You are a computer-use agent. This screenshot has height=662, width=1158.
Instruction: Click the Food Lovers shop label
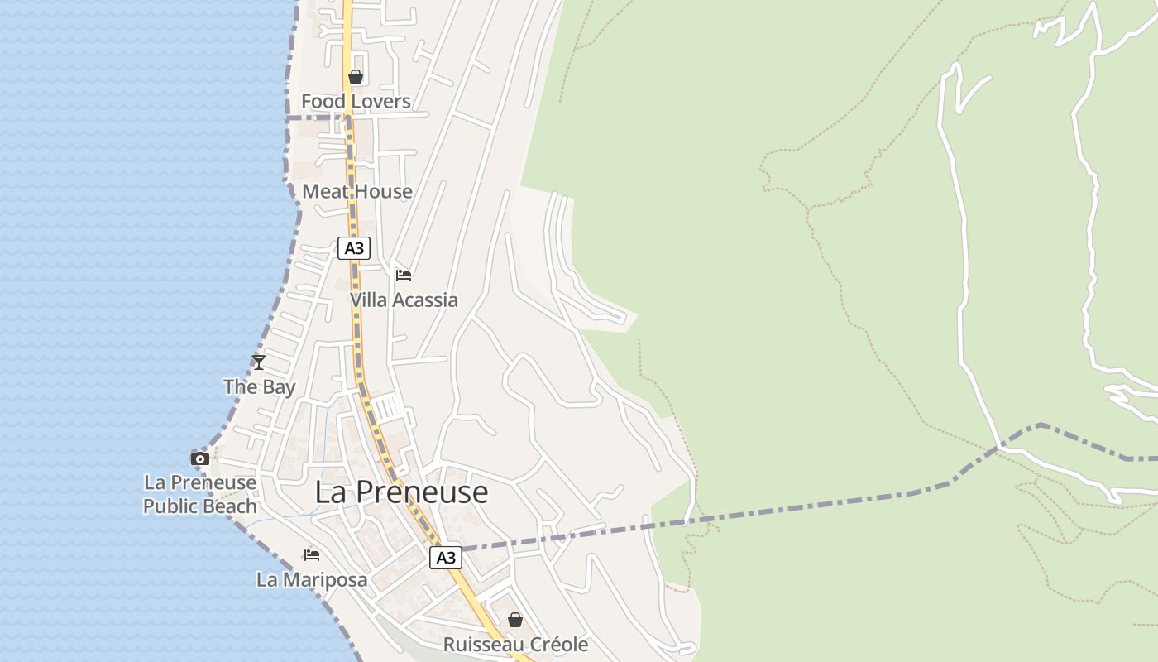[356, 102]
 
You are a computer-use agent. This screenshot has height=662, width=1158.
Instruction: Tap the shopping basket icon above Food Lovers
[356, 77]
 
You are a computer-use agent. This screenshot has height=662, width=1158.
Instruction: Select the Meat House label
[357, 192]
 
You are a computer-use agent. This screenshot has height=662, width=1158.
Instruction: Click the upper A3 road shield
[353, 248]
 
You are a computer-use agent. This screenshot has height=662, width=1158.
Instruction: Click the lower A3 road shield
[445, 558]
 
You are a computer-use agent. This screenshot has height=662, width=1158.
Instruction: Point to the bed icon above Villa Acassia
[404, 275]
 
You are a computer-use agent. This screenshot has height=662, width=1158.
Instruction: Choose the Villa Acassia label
[404, 300]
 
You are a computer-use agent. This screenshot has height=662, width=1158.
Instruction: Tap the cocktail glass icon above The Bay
[259, 362]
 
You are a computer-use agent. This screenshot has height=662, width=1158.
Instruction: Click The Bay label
[259, 387]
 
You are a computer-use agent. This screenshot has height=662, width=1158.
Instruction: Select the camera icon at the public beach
[199, 458]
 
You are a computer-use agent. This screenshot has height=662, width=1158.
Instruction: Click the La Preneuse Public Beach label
[200, 494]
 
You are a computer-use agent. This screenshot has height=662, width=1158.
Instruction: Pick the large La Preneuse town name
[401, 492]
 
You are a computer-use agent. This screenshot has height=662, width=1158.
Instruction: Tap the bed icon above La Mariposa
[312, 554]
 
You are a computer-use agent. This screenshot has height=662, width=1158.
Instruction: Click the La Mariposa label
[312, 580]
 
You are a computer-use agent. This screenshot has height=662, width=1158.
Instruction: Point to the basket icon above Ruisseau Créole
[515, 620]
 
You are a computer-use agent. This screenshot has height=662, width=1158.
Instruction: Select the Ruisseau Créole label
[515, 645]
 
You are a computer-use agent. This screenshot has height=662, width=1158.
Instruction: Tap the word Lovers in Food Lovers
[379, 102]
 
